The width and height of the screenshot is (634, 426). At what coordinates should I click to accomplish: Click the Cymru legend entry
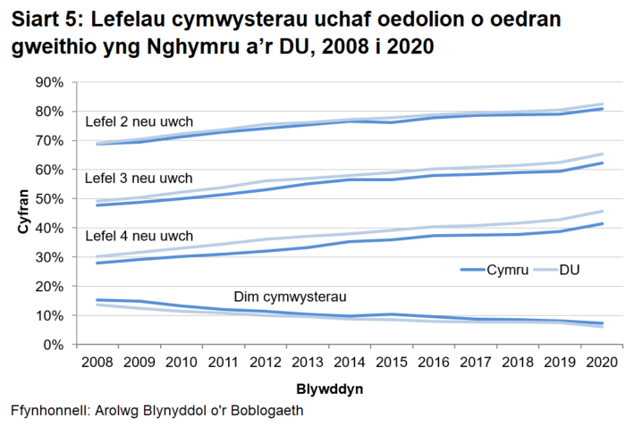506,269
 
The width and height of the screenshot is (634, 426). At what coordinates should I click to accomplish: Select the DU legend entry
573,269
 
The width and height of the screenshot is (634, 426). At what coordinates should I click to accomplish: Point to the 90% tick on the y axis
46,82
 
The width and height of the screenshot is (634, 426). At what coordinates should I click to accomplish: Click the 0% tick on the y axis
50,345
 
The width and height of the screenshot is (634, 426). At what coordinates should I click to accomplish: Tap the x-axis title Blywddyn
329,390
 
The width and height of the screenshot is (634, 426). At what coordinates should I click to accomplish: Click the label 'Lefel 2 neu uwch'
139,121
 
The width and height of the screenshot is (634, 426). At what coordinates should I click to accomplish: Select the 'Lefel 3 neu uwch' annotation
139,179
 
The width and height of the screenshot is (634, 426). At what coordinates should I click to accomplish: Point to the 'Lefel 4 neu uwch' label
139,236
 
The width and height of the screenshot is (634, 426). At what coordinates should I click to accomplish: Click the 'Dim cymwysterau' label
290,296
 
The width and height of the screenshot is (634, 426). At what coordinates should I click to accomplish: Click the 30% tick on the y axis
46,257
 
